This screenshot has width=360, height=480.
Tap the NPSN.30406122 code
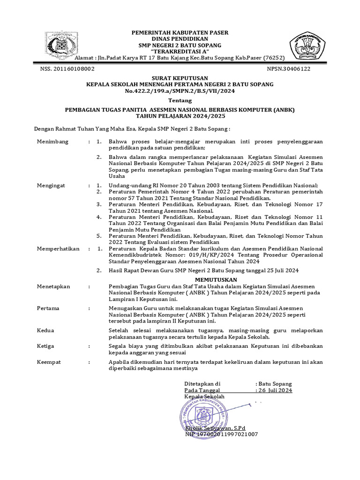pos(288,68)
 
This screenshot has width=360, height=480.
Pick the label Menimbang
pos(52,141)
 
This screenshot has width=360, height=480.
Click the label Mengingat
pos(52,186)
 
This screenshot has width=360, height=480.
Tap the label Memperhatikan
pos(58,248)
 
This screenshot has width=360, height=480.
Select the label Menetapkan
pos(53,286)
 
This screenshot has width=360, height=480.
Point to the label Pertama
pos(48,308)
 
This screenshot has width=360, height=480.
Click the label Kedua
pos(45,330)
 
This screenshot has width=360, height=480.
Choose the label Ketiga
pos(45,346)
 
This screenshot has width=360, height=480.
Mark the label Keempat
pos(49,362)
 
